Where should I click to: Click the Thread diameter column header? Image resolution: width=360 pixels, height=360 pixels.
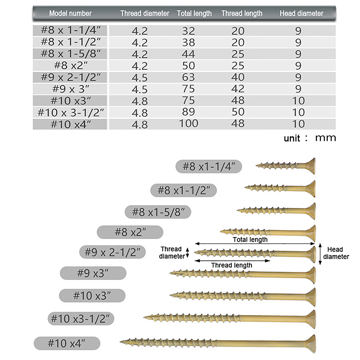point(144,13)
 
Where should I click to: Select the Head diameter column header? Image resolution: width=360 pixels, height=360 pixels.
point(301,13)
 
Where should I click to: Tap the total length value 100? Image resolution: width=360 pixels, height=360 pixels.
point(189,123)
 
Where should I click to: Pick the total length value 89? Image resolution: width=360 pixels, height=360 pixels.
point(189,111)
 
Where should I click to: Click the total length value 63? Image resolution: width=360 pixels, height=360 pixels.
point(189,77)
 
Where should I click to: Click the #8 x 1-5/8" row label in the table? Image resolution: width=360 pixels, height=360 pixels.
point(71,54)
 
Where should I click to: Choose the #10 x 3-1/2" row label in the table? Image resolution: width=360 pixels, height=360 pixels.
point(71,112)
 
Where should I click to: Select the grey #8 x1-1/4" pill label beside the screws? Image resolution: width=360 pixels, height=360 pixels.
point(209,166)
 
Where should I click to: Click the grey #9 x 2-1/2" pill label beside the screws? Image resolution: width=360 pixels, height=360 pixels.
point(112,252)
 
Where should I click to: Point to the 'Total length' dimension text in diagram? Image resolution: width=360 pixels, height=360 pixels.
point(250,239)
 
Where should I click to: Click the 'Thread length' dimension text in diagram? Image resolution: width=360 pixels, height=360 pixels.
point(232,265)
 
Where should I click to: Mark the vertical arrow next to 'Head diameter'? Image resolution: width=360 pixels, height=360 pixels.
point(320,254)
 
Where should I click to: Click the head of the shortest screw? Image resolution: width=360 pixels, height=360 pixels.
point(310,166)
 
